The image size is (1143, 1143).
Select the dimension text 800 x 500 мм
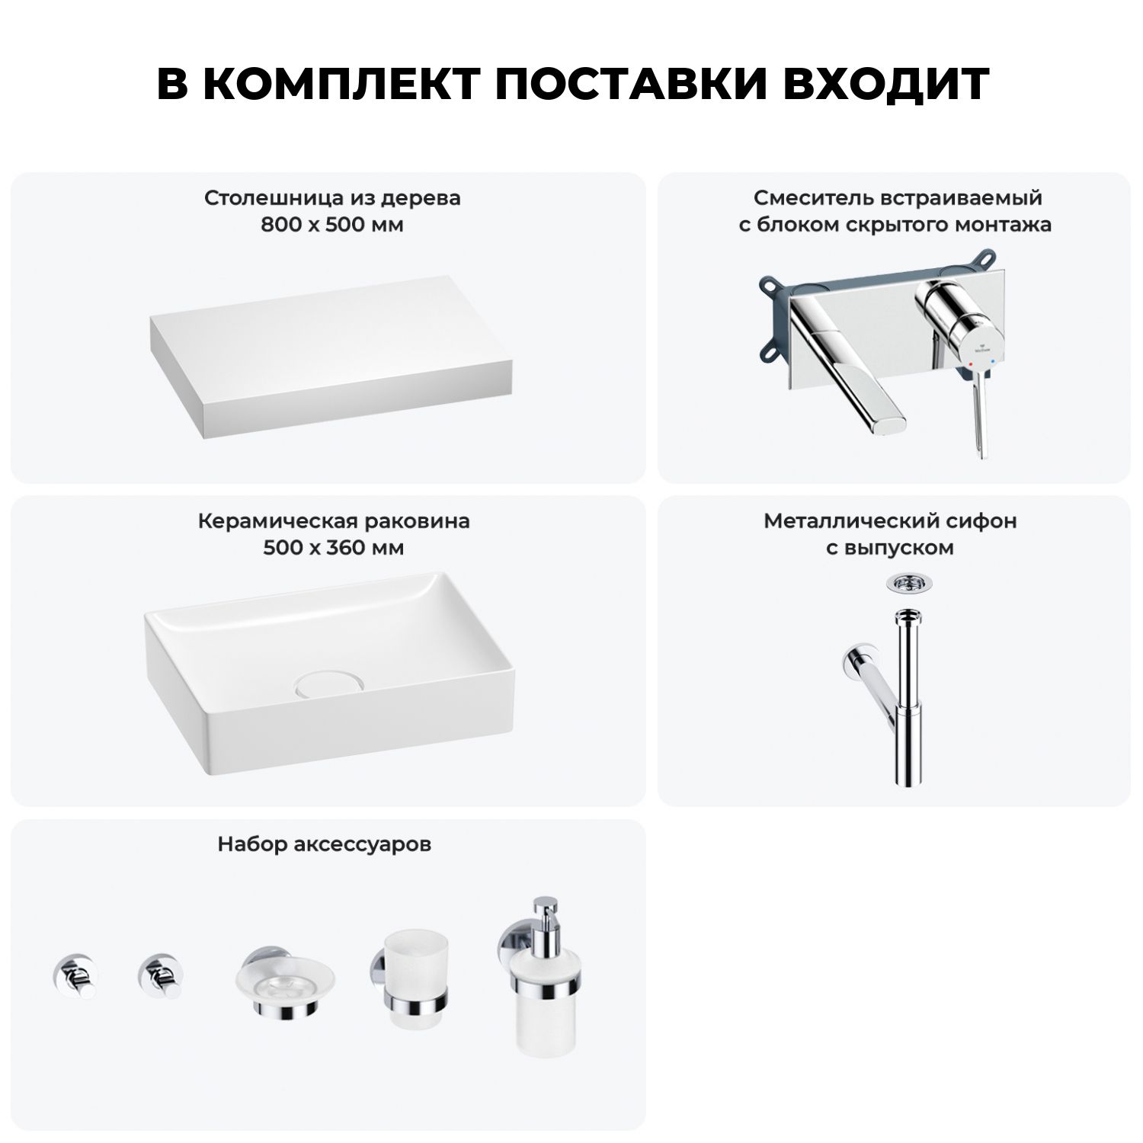[332, 225]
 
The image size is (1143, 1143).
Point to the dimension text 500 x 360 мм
[334, 548]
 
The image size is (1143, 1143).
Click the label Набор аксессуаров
[325, 844]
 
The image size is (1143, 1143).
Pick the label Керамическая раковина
[334, 522]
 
